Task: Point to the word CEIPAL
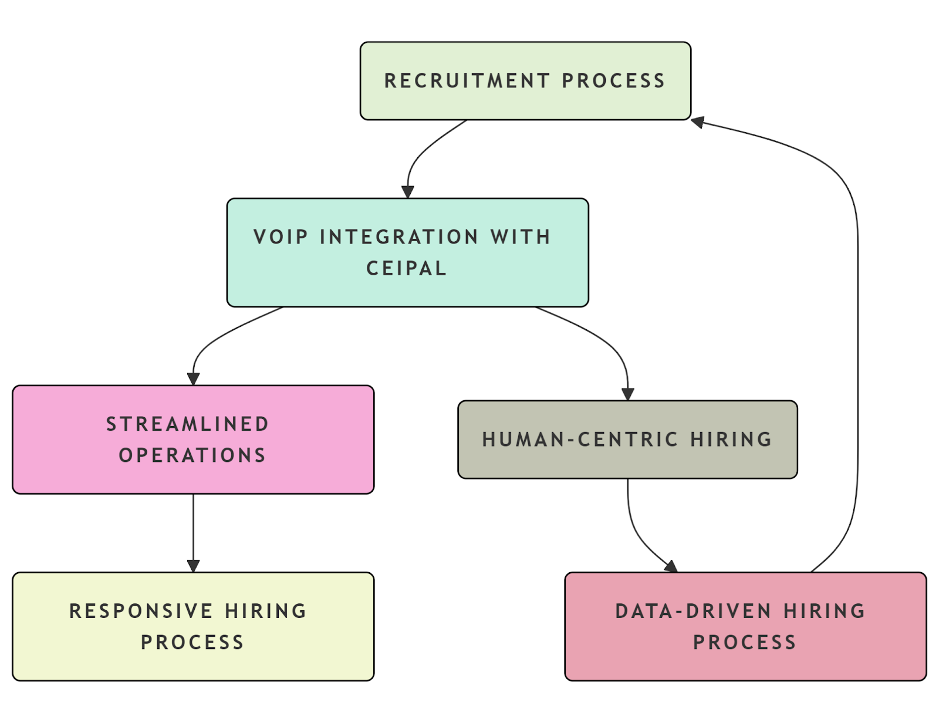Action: coord(406,268)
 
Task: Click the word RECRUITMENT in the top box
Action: coord(467,81)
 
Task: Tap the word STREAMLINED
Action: coord(187,424)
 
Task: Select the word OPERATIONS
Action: coord(192,455)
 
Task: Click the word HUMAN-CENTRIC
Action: coord(580,440)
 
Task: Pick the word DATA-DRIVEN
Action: coord(693,611)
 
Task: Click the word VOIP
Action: coord(281,237)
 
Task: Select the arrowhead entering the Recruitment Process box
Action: coord(698,122)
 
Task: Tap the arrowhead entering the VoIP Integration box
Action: coord(408,192)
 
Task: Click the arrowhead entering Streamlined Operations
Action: coord(193,379)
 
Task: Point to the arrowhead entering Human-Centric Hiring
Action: coord(627,394)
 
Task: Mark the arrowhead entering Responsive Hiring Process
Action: coord(193,566)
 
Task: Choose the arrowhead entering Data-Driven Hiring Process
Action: coord(671,567)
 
